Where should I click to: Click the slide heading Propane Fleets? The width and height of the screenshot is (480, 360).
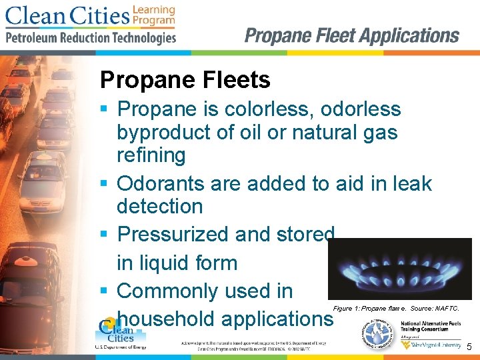185,81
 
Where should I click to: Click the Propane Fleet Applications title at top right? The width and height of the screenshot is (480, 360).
351,35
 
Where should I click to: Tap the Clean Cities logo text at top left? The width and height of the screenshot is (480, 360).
67,15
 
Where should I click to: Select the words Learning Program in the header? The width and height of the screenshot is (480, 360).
154,15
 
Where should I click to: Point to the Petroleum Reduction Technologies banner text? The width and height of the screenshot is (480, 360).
91,37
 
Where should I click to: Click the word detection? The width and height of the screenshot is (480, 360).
160,207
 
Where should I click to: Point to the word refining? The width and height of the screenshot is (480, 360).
151,155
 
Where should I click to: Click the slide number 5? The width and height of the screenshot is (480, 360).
469,347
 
